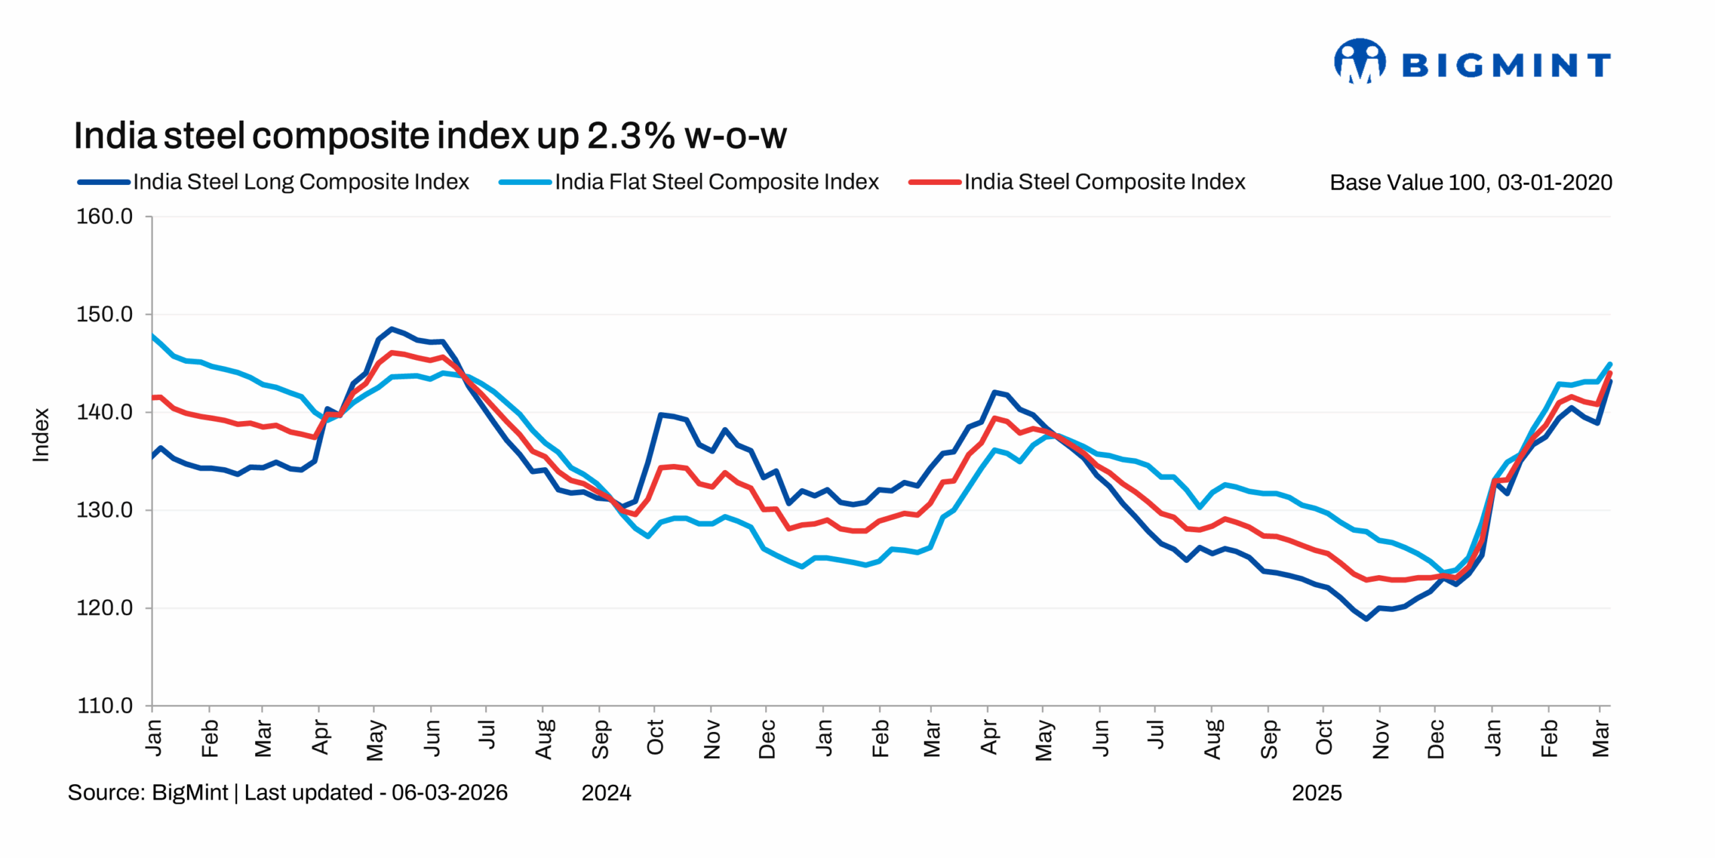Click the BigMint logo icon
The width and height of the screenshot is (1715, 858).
click(x=1359, y=61)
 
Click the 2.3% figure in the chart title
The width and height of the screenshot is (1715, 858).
click(x=630, y=136)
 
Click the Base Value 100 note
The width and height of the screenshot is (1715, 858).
click(x=1470, y=182)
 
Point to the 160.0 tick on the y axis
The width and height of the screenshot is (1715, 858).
click(x=105, y=217)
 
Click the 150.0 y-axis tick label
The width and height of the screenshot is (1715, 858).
click(x=105, y=314)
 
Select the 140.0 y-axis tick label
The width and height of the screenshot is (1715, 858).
click(x=105, y=412)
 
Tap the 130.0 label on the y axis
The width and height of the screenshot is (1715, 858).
click(x=105, y=510)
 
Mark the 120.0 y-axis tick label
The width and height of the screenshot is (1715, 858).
click(x=105, y=608)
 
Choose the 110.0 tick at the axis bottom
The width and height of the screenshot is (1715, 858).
click(x=105, y=706)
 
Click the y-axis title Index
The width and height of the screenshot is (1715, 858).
click(x=41, y=435)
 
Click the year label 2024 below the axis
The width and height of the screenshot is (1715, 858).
click(x=606, y=793)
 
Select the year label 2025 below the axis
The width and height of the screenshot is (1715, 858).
click(x=1316, y=793)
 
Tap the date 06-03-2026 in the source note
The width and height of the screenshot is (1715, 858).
click(x=450, y=792)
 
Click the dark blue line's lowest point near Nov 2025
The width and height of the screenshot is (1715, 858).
click(x=1366, y=619)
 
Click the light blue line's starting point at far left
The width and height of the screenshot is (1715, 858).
click(x=153, y=335)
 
